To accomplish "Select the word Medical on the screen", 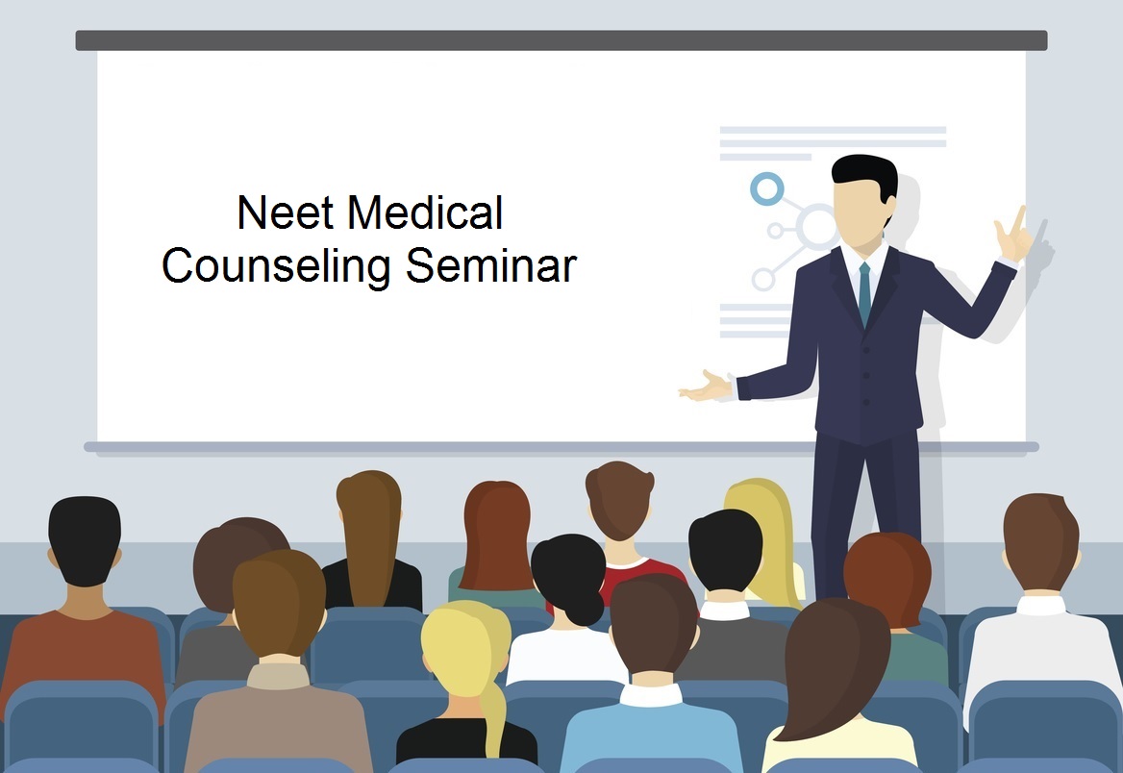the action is tap(425, 212).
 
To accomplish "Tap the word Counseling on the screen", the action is tap(276, 266).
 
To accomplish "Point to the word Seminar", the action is tap(490, 265).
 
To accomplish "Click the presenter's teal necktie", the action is tap(864, 293).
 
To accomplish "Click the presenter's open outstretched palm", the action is tap(706, 386).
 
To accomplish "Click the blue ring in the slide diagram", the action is tap(766, 189).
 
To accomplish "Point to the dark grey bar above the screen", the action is tap(561, 40).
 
